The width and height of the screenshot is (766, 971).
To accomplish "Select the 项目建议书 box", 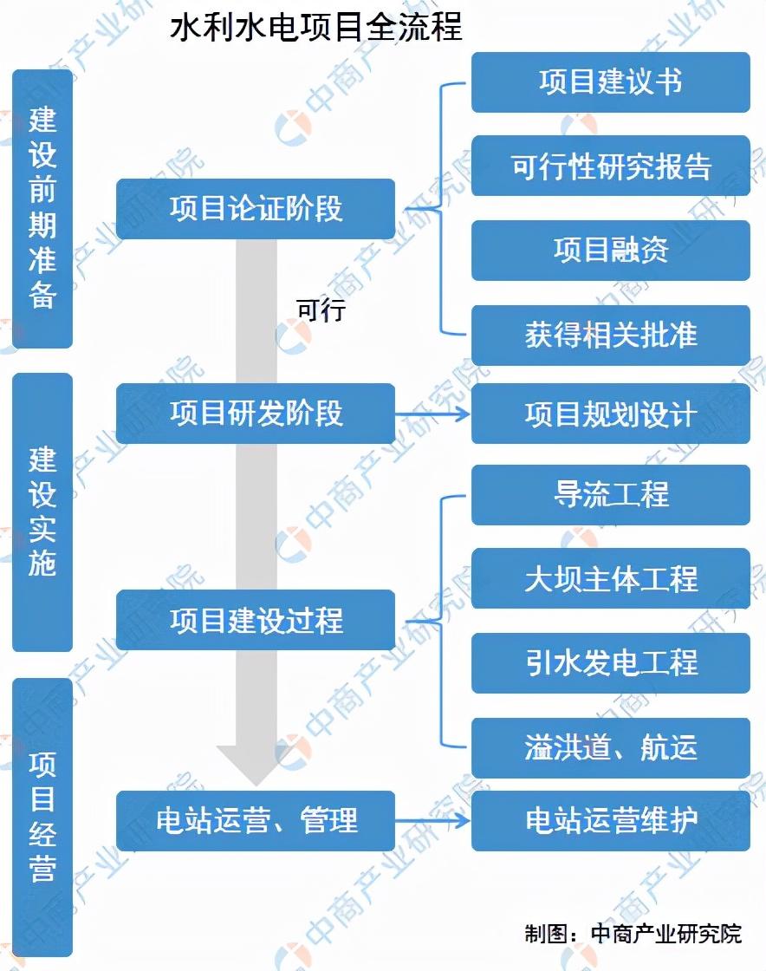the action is (610, 82).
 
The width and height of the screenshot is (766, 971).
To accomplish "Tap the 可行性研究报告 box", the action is (610, 166).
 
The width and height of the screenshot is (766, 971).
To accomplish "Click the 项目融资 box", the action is (610, 251).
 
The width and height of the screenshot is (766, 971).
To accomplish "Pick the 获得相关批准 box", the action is (610, 335).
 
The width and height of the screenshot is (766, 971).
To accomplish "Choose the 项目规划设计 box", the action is (610, 414).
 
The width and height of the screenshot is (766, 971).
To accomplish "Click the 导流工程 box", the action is (610, 495).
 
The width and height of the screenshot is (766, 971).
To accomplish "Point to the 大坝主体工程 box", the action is (610, 579).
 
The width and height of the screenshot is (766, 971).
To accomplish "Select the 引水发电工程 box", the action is (610, 663).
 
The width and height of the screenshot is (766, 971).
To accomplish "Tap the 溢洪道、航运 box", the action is (610, 747).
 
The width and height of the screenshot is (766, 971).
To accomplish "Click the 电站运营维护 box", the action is (610, 820).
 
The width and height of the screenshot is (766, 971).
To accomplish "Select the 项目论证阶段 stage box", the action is (256, 209).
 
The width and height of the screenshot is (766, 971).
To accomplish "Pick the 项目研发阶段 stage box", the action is (256, 414).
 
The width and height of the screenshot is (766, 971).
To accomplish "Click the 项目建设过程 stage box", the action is (256, 620).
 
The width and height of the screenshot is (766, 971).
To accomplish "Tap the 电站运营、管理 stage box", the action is (256, 820).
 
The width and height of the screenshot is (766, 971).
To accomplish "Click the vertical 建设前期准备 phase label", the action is (42, 208).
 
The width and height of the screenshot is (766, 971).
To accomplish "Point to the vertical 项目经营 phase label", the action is (42, 817).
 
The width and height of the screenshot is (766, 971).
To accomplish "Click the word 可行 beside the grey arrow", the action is (321, 310).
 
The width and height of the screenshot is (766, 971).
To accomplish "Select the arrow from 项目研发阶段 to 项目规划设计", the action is (432, 414).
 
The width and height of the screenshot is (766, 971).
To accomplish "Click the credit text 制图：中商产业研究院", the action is (633, 934).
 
